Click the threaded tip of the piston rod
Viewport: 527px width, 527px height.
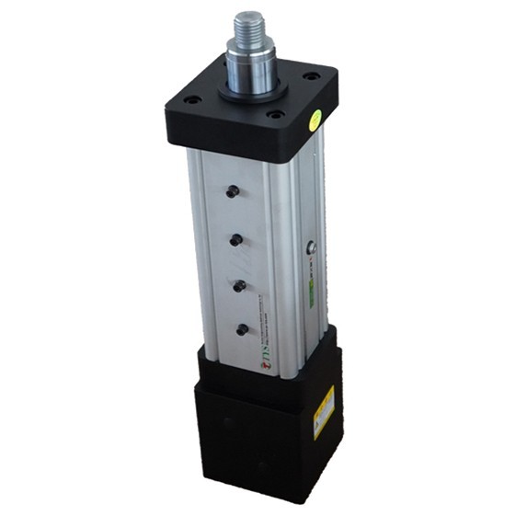point(249,29)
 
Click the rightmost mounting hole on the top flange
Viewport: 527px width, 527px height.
point(312,76)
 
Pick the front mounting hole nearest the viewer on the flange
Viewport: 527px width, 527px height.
point(274,115)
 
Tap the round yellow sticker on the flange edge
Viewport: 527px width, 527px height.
point(316,118)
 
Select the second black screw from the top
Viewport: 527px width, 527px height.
point(235,240)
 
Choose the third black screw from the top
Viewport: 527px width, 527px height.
point(240,286)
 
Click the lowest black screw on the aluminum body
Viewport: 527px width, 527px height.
point(244,328)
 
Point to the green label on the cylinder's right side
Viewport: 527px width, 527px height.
point(311,294)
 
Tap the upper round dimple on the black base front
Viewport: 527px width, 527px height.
point(228,422)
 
